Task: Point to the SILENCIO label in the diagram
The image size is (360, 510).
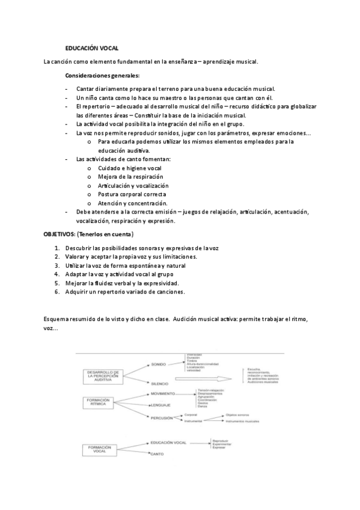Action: tap(159, 383)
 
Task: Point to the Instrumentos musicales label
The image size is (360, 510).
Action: tap(243, 422)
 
